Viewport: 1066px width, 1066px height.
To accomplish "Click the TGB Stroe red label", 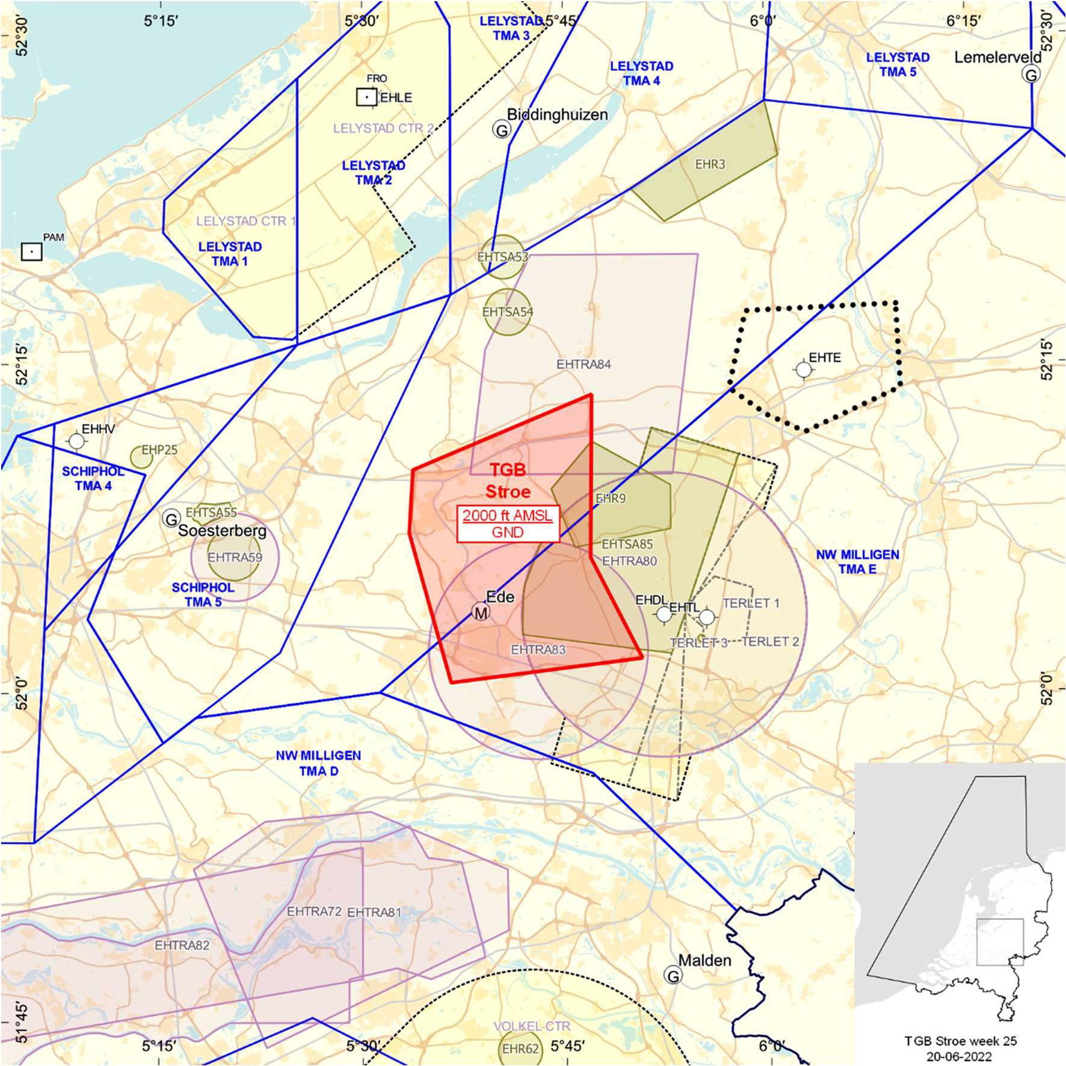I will pyautogui.click(x=508, y=481).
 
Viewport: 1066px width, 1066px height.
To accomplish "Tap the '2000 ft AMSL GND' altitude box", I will pyautogui.click(x=508, y=523).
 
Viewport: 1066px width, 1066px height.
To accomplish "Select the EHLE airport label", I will pyautogui.click(x=396, y=97).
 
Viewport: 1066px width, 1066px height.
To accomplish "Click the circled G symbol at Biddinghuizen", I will pyautogui.click(x=501, y=129).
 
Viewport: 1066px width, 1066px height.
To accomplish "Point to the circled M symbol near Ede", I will pyautogui.click(x=481, y=612).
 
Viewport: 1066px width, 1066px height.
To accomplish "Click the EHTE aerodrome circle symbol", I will pyautogui.click(x=804, y=369).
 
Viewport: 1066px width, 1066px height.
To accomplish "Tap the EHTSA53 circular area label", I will pyautogui.click(x=502, y=257).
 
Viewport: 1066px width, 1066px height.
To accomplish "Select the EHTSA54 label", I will pyautogui.click(x=508, y=312).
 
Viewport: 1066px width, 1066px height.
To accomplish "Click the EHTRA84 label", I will pyautogui.click(x=584, y=364).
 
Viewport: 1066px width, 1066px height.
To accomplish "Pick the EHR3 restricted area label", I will pyautogui.click(x=710, y=164).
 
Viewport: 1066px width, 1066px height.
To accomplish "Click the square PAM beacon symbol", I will pyautogui.click(x=32, y=251).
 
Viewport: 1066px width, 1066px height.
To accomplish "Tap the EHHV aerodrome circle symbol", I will pyautogui.click(x=76, y=441).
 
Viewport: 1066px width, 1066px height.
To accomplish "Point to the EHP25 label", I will pyautogui.click(x=159, y=450).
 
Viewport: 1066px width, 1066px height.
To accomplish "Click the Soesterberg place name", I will pyautogui.click(x=222, y=531).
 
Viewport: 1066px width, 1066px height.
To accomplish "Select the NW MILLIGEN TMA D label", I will pyautogui.click(x=318, y=763).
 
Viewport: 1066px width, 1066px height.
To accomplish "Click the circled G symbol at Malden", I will pyautogui.click(x=673, y=975).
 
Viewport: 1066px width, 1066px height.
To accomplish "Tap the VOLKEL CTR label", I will pyautogui.click(x=532, y=1026).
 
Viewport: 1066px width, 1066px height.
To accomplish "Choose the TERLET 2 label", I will pyautogui.click(x=770, y=641).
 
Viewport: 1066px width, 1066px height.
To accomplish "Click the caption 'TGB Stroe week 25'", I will pyautogui.click(x=960, y=1041).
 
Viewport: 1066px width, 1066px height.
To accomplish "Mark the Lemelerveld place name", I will pyautogui.click(x=997, y=57).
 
